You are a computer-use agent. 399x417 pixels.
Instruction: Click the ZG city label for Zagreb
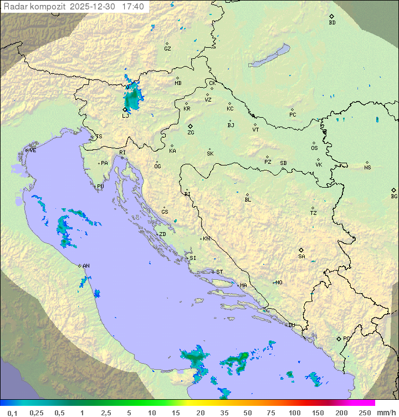click(191, 133)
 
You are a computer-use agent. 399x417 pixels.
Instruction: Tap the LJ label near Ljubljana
click(125, 116)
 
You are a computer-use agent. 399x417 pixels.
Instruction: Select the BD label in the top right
click(332, 23)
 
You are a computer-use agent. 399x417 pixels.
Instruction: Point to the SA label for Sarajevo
click(301, 257)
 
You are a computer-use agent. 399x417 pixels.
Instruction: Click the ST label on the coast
click(219, 272)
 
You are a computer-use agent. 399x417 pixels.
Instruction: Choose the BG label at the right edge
click(394, 197)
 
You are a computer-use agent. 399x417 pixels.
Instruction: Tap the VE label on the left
click(33, 150)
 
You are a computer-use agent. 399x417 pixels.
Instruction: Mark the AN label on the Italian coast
click(86, 266)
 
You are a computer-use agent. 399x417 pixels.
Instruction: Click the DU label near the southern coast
click(291, 325)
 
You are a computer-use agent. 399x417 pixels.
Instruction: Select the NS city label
click(367, 168)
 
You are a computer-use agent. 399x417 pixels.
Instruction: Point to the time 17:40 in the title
click(133, 7)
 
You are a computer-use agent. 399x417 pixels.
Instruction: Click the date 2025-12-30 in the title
click(94, 7)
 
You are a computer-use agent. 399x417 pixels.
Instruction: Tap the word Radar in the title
click(15, 7)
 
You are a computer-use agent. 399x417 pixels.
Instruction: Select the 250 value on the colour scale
click(365, 413)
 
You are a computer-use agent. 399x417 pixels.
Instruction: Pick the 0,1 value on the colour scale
click(12, 413)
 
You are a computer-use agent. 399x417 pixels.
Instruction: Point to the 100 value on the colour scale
click(294, 413)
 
